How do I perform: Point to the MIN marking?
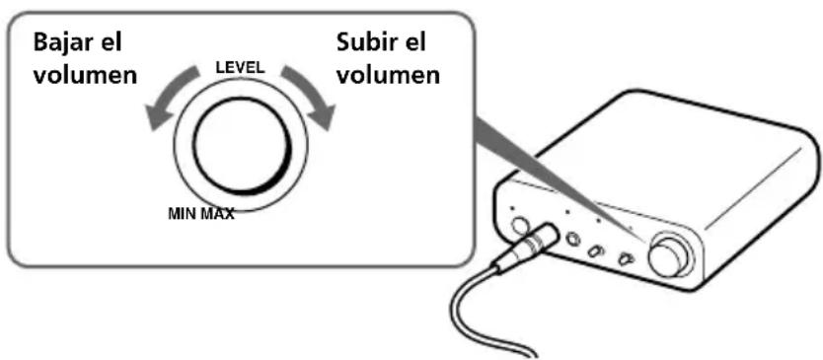(x=185, y=213)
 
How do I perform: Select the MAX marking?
(x=217, y=213)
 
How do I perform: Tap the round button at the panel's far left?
(x=519, y=226)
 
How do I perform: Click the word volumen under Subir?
(x=387, y=76)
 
